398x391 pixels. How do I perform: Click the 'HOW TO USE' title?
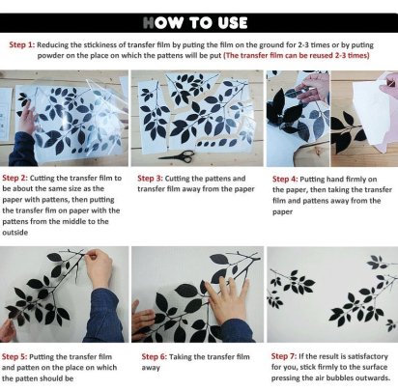tap(195, 23)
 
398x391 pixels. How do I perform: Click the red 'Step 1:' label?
tap(22, 44)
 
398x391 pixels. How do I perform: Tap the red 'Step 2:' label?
tap(15, 178)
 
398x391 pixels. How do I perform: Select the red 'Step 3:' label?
tap(150, 179)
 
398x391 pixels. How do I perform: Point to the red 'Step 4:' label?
tap(285, 179)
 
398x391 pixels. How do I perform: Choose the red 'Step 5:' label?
tap(14, 356)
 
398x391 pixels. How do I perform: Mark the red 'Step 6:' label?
tap(155, 356)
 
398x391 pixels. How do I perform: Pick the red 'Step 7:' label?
tap(284, 356)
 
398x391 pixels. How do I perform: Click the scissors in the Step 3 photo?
tap(177, 155)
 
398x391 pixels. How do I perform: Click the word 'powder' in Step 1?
tap(50, 56)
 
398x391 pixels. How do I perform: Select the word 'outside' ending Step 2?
tap(15, 233)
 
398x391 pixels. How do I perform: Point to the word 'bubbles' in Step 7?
tap(331, 377)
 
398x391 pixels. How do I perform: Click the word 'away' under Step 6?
tap(151, 368)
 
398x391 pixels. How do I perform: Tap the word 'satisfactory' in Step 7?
tap(368, 356)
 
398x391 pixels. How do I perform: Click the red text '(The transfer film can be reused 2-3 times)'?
tap(297, 55)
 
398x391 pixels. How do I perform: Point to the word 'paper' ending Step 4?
tap(282, 212)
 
